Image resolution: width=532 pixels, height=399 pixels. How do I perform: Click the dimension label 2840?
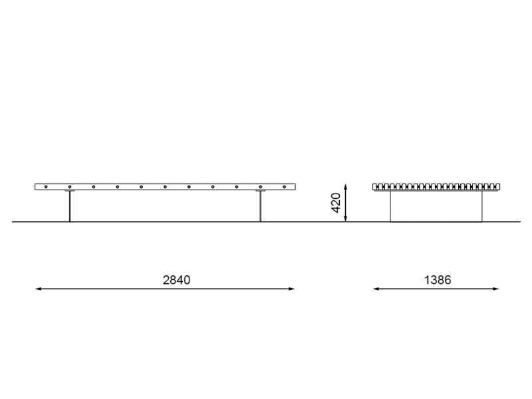click(176, 280)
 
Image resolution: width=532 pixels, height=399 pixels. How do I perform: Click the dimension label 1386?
click(438, 280)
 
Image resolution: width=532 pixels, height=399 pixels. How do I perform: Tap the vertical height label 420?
click(336, 203)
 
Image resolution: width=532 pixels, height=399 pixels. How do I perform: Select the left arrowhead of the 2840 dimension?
click(39, 289)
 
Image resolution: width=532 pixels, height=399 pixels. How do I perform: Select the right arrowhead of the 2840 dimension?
click(292, 289)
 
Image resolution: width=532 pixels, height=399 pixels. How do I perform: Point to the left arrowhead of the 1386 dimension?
click(376, 289)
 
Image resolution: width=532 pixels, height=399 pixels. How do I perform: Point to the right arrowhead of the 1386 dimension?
click(495, 289)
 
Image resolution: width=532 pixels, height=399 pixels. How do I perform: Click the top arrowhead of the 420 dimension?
click(345, 187)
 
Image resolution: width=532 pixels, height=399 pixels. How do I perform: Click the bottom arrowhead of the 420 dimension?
click(345, 219)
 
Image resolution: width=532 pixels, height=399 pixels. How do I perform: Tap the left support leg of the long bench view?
click(70, 207)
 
